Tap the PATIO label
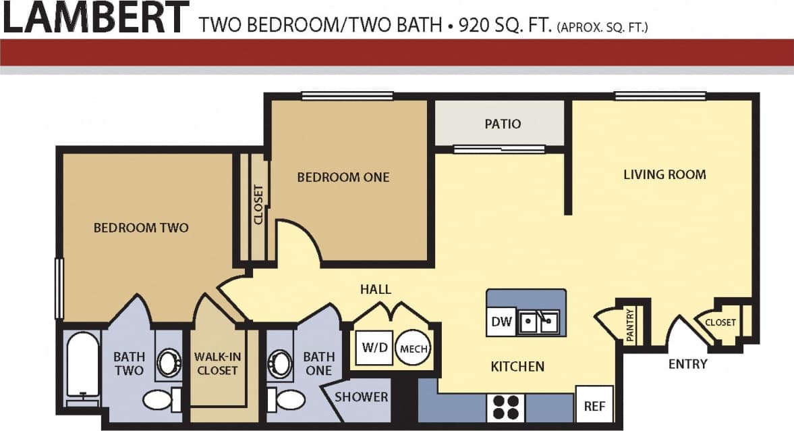click(503, 124)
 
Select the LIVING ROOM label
click(664, 174)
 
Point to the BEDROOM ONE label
click(343, 177)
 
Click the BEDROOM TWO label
click(141, 228)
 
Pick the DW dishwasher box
click(501, 322)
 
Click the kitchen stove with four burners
click(505, 408)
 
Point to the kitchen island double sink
click(538, 322)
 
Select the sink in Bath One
click(279, 363)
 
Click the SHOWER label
click(362, 397)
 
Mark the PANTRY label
click(630, 326)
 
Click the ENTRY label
click(687, 364)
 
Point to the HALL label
click(376, 289)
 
